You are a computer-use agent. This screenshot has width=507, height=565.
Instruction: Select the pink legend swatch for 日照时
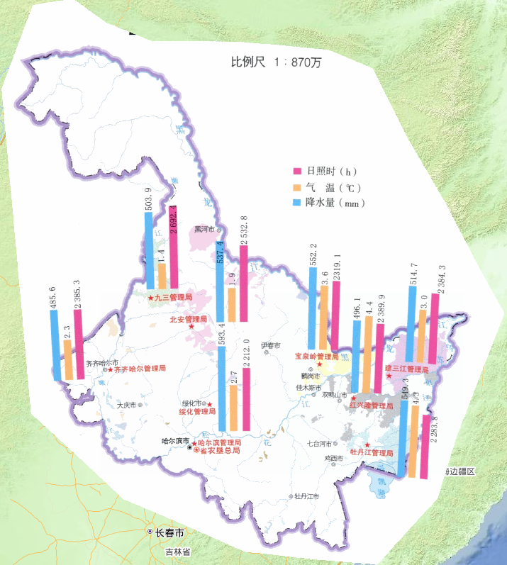(x=298, y=172)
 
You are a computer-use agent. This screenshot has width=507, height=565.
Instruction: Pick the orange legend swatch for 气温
(x=298, y=187)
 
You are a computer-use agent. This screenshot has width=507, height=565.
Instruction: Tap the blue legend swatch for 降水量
(x=298, y=203)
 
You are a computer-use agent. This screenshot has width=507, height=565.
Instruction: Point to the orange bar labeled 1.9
(x=232, y=305)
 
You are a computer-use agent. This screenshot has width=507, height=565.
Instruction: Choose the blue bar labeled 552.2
(x=313, y=308)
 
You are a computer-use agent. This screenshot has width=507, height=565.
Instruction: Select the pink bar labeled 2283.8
(x=425, y=447)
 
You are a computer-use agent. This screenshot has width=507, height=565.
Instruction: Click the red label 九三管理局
(x=173, y=298)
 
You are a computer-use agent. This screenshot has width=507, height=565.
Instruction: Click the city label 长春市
(x=170, y=532)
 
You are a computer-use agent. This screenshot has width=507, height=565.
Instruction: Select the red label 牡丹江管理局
(x=372, y=452)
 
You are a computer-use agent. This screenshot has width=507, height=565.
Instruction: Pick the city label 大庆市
(x=127, y=405)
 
